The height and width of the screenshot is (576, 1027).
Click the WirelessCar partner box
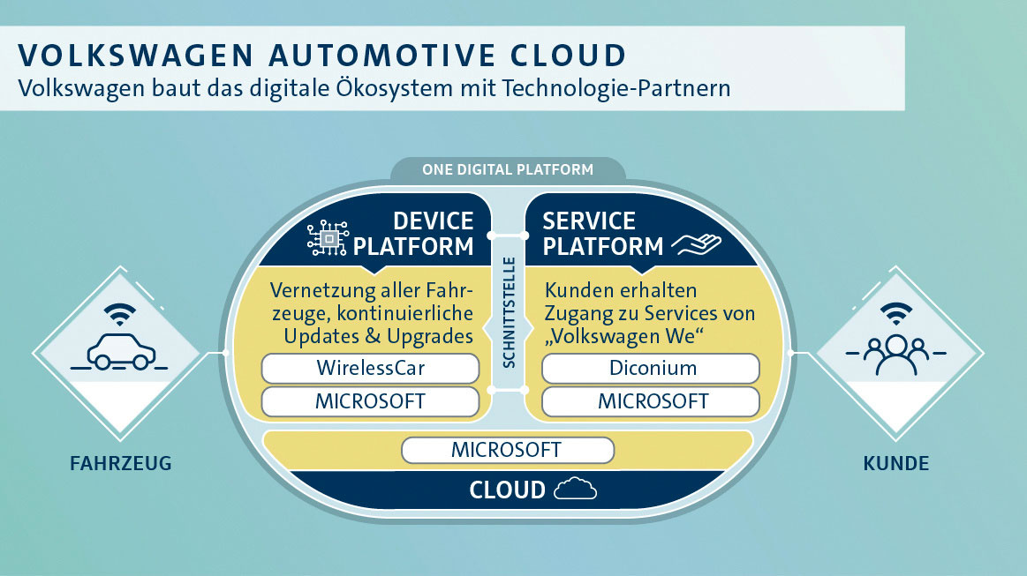(x=371, y=368)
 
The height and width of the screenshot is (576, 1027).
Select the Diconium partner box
(x=650, y=368)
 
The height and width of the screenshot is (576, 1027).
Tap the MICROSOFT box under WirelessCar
(x=371, y=401)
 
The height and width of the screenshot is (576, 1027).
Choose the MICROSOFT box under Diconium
(x=650, y=401)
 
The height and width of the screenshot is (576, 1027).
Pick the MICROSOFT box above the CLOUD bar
(x=507, y=450)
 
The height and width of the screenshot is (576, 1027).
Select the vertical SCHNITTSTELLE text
(x=509, y=313)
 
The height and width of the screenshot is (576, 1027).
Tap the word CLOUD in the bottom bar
(x=507, y=490)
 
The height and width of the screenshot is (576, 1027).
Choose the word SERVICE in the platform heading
(x=589, y=221)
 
